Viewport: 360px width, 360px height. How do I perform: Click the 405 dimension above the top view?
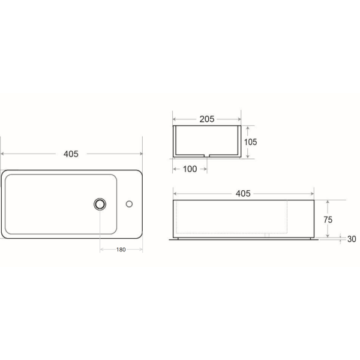click(x=71, y=154)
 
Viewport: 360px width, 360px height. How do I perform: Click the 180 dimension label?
click(x=121, y=250)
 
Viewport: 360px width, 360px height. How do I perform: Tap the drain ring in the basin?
click(x=100, y=204)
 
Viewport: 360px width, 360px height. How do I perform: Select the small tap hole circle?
click(x=129, y=204)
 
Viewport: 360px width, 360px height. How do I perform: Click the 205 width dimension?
click(x=207, y=119)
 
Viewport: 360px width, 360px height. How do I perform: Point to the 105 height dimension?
click(x=250, y=142)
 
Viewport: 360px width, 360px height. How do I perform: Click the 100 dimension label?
click(x=190, y=169)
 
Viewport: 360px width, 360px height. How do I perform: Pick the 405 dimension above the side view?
click(x=243, y=194)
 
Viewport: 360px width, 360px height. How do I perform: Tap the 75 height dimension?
click(x=328, y=220)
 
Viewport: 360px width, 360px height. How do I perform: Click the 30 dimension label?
click(x=352, y=239)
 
